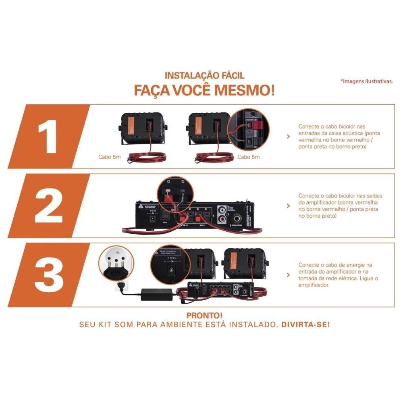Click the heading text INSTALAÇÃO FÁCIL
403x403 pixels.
204,75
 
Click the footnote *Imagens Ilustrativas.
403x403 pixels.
367,81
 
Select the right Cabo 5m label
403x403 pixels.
248,157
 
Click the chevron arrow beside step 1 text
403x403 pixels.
288,137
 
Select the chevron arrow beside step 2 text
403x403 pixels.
288,206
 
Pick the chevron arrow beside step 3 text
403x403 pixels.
288,274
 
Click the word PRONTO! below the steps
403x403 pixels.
204,315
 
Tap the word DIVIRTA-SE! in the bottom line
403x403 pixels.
305,324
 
